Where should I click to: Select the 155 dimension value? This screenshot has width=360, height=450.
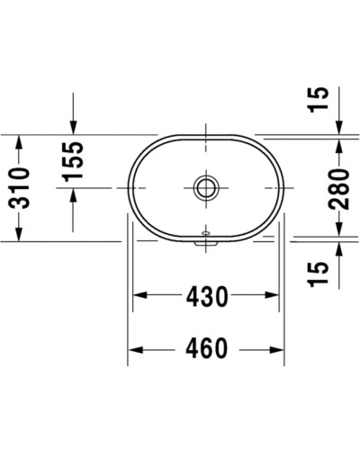tap(73, 160)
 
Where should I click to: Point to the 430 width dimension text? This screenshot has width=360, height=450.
tap(210, 294)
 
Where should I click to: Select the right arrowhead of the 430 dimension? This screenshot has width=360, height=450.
tap(278, 294)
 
